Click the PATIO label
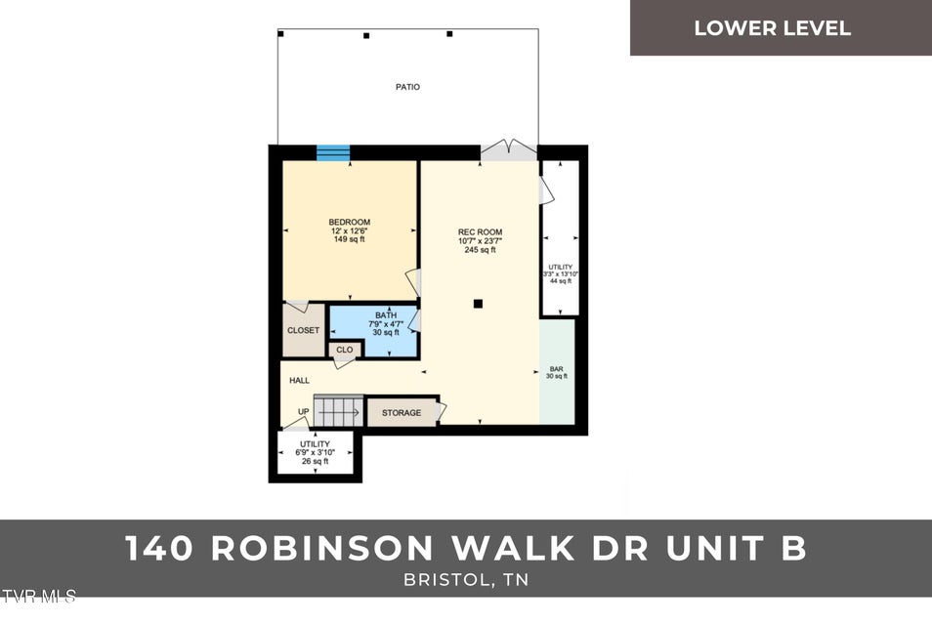coord(407,87)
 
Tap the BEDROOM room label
coord(349,222)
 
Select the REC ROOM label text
coord(480,232)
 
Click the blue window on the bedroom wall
coord(333,152)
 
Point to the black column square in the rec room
coord(478,304)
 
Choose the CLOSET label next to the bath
coord(303,330)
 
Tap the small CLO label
coord(344,350)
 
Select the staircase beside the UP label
coord(338,409)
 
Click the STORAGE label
coord(402,413)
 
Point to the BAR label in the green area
coord(556,369)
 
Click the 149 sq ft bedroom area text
coord(349,239)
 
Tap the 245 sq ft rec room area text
coord(480,250)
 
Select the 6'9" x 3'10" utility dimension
coord(316,452)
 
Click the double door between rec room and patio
coord(508,150)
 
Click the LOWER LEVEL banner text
coord(772,28)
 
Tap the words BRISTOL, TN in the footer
coord(466,579)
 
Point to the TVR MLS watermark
coord(37,595)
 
